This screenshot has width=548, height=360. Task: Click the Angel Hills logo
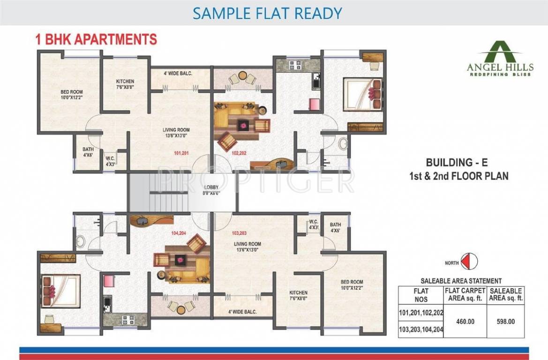pyautogui.click(x=499, y=59)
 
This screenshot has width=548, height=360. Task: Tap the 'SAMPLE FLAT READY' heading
pyautogui.click(x=267, y=13)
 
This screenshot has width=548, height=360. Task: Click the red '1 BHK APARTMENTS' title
pyautogui.click(x=96, y=39)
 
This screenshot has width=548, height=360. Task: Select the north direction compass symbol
pyautogui.click(x=469, y=262)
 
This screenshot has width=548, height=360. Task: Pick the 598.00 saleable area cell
pyautogui.click(x=505, y=322)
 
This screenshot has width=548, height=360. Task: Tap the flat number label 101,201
pyautogui.click(x=181, y=153)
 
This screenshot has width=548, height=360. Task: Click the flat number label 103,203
pyautogui.click(x=239, y=232)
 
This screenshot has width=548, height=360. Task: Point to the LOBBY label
pyautogui.click(x=211, y=190)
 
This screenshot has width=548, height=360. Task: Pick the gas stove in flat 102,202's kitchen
pyautogui.click(x=294, y=66)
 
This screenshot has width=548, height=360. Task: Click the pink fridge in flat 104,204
pyautogui.click(x=109, y=281)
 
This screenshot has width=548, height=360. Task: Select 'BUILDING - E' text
pyautogui.click(x=457, y=163)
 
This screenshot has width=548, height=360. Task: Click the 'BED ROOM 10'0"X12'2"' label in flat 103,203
pyautogui.click(x=352, y=285)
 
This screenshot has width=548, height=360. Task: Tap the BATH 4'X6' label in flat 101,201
pyautogui.click(x=88, y=152)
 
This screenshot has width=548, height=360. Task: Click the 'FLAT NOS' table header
pyautogui.click(x=420, y=294)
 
